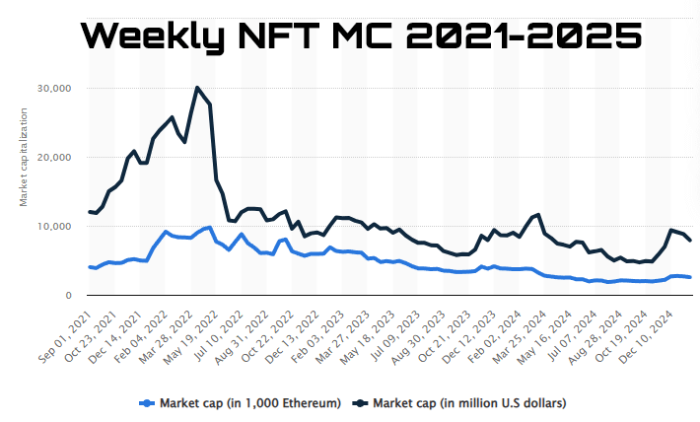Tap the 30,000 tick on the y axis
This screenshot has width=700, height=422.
coord(53,89)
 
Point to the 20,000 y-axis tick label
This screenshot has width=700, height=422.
coord(53,158)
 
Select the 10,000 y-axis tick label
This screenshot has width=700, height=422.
coord(53,227)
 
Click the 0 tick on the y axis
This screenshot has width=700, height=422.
coord(69,296)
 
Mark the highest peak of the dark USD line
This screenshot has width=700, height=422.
coord(197,88)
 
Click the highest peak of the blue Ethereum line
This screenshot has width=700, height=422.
coord(209,228)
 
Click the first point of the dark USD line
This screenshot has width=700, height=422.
coord(90,212)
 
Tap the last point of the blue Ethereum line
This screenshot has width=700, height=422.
coord(690,277)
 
